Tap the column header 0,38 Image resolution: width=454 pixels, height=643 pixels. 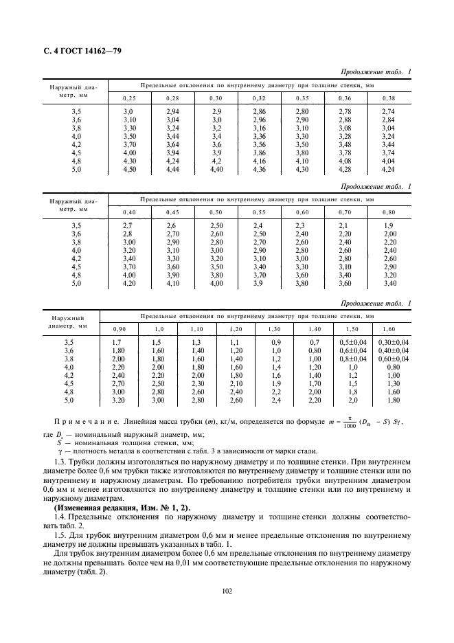click(x=388, y=98)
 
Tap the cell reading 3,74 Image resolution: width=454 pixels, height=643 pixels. click(x=388, y=153)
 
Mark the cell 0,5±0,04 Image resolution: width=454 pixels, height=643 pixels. click(x=353, y=342)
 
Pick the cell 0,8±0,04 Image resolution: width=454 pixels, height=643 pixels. click(x=353, y=359)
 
